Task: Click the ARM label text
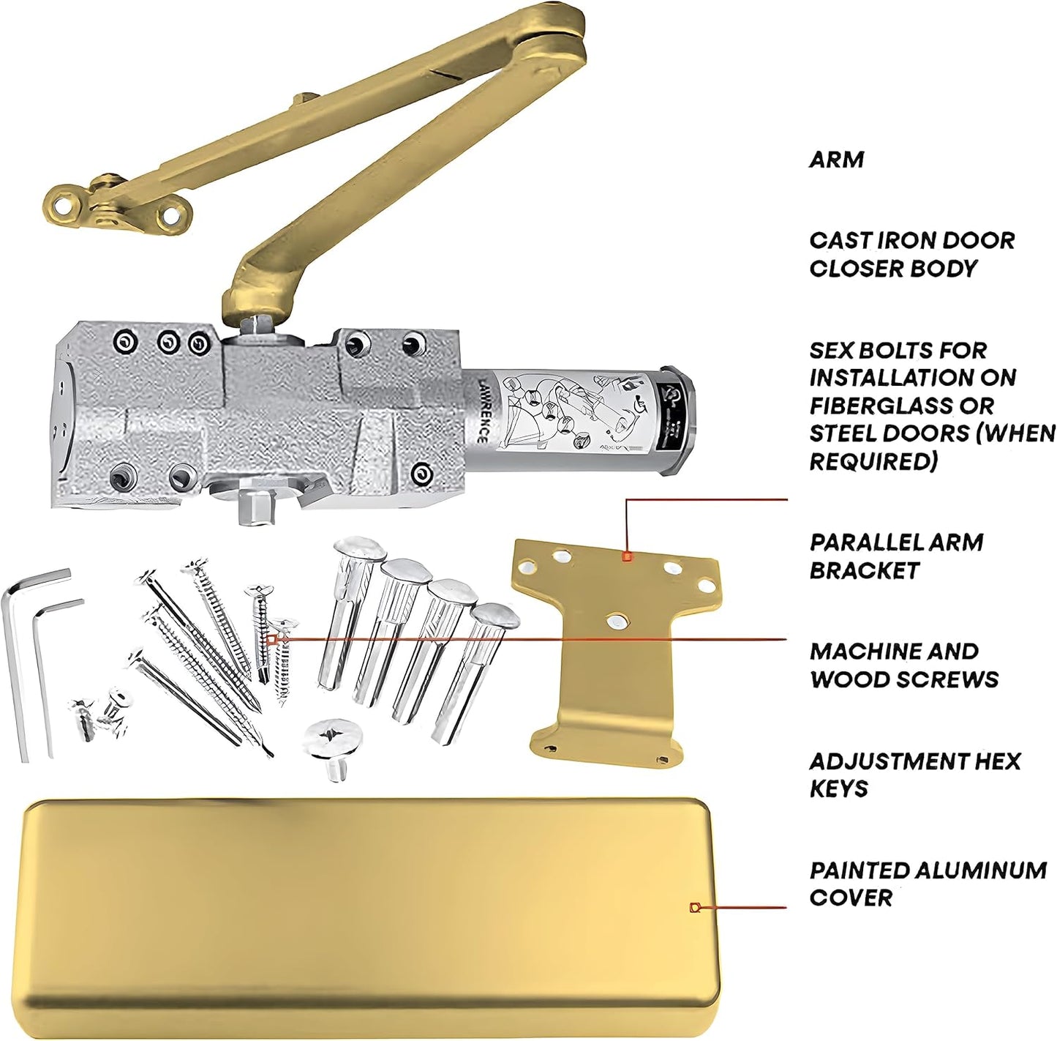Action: pyautogui.click(x=835, y=159)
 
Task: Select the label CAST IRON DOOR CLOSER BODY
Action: pyautogui.click(x=911, y=254)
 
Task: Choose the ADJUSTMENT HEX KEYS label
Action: pyautogui.click(x=914, y=775)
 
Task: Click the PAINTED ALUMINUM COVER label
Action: pyautogui.click(x=927, y=884)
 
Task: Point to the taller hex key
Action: pyautogui.click(x=22, y=659)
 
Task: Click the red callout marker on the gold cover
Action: pyautogui.click(x=695, y=908)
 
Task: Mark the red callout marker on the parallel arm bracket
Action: pyautogui.click(x=625, y=556)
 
